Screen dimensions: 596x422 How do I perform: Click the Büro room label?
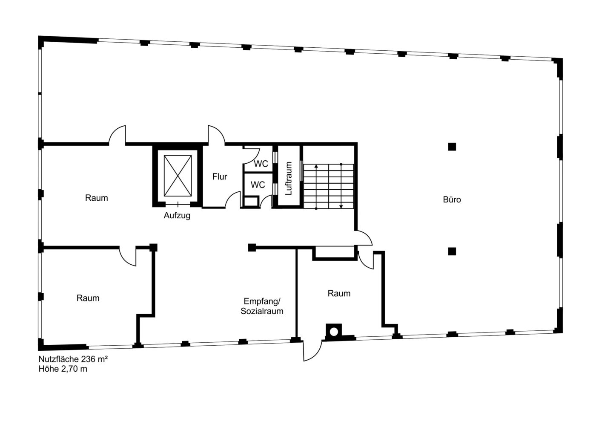click(x=452, y=199)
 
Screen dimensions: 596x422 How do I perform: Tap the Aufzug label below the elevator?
click(x=177, y=215)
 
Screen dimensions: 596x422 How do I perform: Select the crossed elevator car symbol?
click(x=178, y=176)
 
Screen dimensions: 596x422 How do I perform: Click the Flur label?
click(x=220, y=176)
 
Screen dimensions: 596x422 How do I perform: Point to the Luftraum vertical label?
click(x=289, y=178)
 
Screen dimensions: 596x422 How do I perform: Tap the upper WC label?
click(x=261, y=164)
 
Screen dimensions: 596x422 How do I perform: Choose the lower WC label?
click(x=258, y=185)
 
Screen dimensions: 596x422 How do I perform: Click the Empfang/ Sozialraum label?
click(x=262, y=306)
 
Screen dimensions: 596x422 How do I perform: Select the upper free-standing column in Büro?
click(x=452, y=147)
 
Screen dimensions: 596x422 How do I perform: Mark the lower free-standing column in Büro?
click(x=452, y=251)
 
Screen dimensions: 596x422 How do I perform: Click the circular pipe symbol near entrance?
click(x=334, y=332)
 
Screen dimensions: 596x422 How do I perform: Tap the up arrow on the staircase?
click(x=316, y=186)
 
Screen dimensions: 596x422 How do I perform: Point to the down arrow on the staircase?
click(x=341, y=186)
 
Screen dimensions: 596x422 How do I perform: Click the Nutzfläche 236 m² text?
click(x=73, y=359)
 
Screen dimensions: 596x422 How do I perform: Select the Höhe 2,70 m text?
click(x=63, y=369)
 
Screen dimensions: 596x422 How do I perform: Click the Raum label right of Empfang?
click(x=339, y=293)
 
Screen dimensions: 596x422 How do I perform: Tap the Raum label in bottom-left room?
click(x=88, y=298)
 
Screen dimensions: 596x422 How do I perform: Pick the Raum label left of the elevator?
click(x=96, y=198)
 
